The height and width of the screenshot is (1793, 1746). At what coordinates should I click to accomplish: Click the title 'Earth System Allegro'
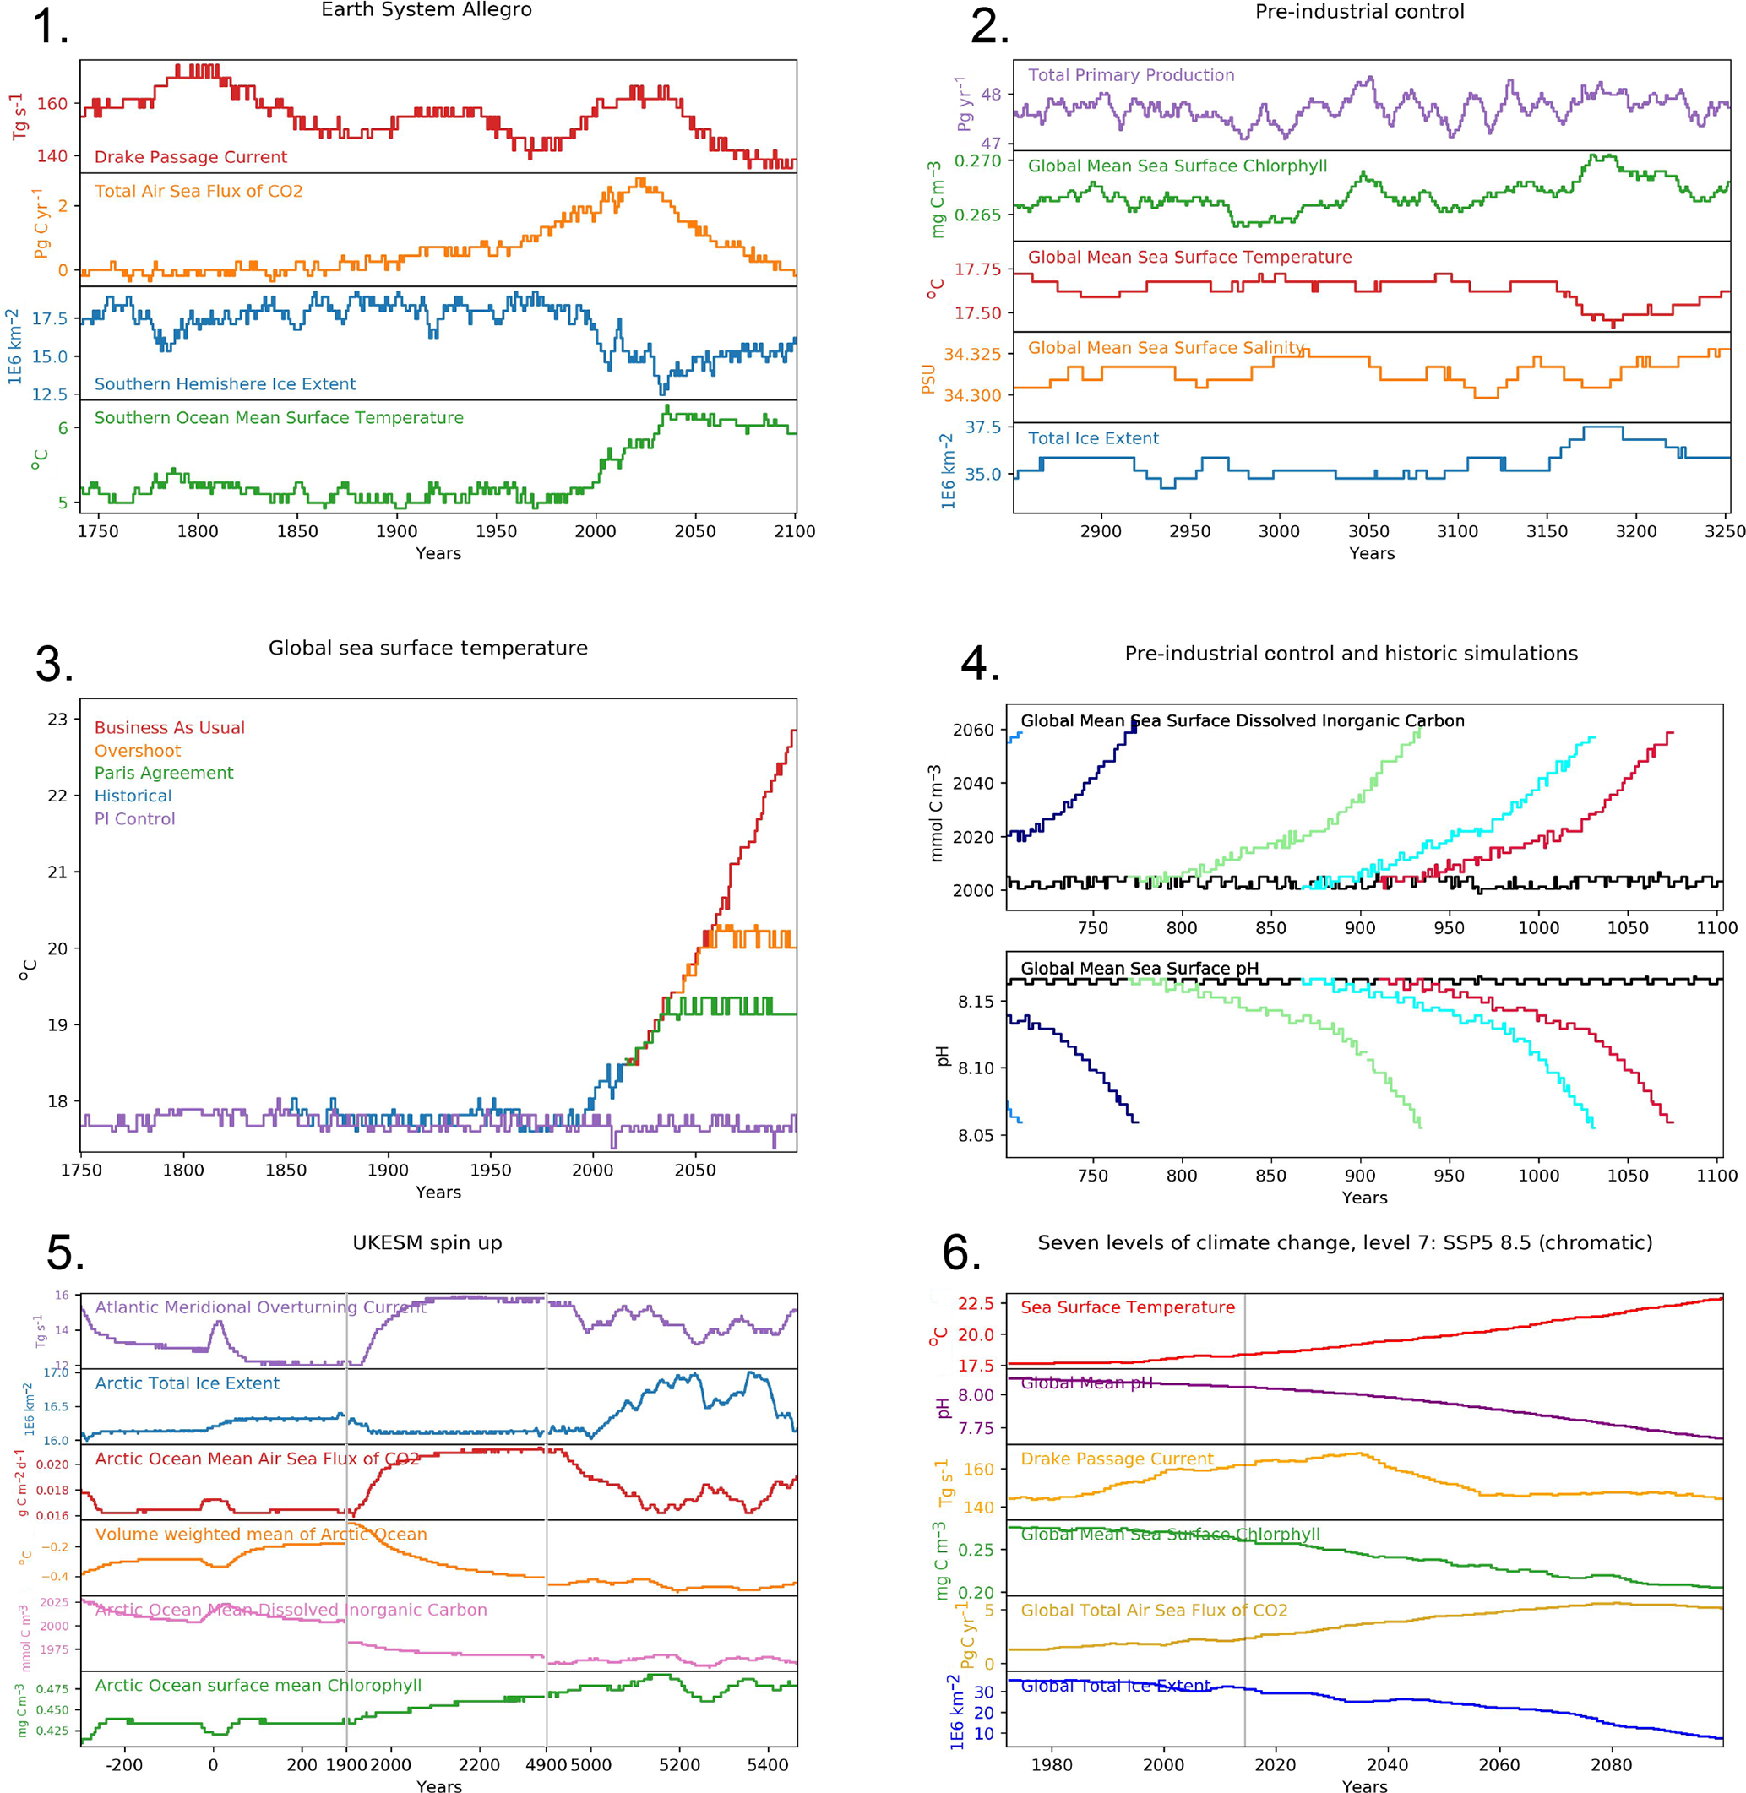click(x=427, y=10)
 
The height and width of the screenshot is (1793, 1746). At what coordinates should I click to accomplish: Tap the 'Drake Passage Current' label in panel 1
click(x=191, y=157)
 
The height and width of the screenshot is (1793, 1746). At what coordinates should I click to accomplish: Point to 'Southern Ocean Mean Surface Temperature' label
click(x=279, y=417)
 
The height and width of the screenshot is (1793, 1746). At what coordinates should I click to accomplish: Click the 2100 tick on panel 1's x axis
click(x=794, y=530)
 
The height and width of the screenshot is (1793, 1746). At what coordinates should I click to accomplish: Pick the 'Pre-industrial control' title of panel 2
click(x=1359, y=12)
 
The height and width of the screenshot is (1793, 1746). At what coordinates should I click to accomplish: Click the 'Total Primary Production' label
click(x=1131, y=75)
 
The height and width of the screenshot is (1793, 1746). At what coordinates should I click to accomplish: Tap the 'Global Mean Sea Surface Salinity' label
click(x=1166, y=347)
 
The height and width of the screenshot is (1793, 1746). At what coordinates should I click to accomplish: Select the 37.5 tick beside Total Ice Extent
click(x=983, y=427)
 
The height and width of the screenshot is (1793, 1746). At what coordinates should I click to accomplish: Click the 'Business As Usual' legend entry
click(x=170, y=728)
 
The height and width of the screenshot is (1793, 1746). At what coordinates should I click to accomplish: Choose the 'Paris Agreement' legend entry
click(x=164, y=773)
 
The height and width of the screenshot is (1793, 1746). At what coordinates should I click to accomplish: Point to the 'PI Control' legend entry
click(x=135, y=818)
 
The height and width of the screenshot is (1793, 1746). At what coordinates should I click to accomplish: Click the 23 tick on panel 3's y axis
click(x=57, y=719)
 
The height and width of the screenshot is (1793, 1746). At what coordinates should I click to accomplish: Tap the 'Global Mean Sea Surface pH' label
click(x=1139, y=968)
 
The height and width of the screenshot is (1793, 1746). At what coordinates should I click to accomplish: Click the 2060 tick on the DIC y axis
click(x=973, y=730)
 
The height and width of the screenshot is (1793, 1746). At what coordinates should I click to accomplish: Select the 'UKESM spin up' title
click(x=427, y=1243)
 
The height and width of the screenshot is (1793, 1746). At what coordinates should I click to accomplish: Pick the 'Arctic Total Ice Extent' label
click(x=187, y=1383)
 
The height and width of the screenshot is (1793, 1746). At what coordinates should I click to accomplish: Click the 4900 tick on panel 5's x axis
click(x=547, y=1764)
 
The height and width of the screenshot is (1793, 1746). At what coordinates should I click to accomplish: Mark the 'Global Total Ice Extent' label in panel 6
click(x=1115, y=1686)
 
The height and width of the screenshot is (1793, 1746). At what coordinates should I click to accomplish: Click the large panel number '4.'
click(x=979, y=663)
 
